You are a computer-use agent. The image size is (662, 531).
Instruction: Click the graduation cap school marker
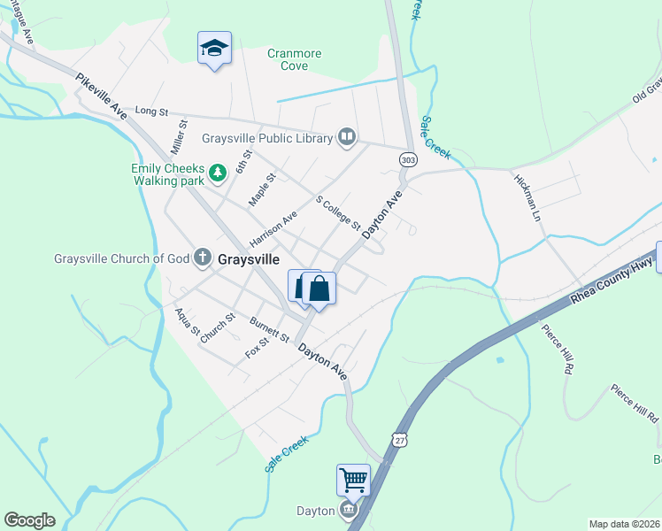pos(214,49)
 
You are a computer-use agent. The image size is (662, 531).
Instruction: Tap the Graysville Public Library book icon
pos(347,137)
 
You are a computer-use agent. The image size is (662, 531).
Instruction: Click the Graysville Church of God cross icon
pos(202,259)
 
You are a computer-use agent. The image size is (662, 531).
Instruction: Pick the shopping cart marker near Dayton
pos(353,480)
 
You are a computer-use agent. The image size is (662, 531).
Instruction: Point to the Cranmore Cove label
pos(294,59)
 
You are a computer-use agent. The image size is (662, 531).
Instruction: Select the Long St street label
pos(151,112)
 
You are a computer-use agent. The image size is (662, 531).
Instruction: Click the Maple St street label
pos(262,189)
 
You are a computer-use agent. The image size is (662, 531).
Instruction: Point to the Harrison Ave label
pos(273,228)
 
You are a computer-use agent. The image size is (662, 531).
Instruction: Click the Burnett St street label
pos(270,329)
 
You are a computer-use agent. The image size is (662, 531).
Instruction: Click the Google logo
pos(29,520)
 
